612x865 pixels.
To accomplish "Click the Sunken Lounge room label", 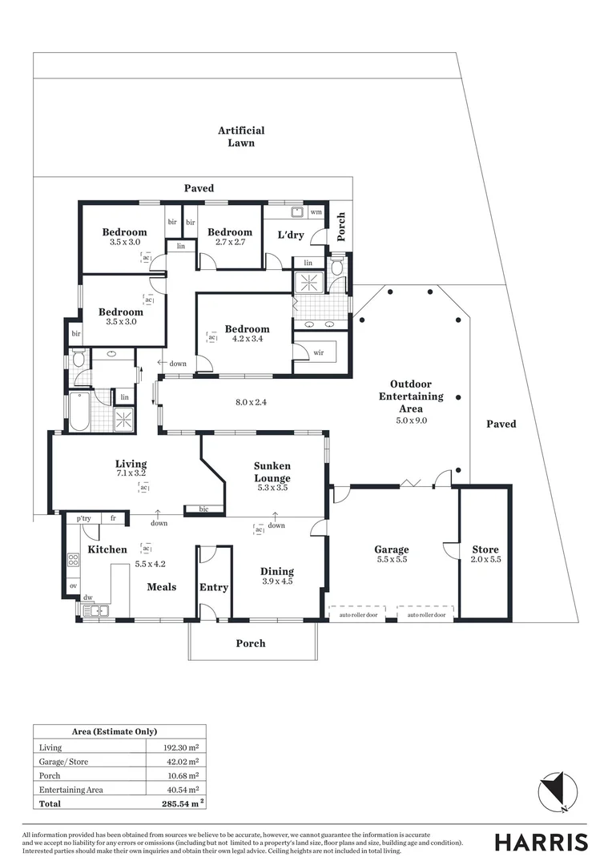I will click(272, 465).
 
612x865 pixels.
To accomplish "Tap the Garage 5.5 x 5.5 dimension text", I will click(392, 560).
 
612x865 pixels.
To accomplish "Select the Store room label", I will click(485, 549).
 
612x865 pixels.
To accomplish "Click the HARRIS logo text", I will click(541, 842).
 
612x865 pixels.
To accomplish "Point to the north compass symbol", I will click(553, 793).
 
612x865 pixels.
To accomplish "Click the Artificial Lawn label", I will click(241, 136).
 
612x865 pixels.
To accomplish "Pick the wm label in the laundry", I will click(316, 212).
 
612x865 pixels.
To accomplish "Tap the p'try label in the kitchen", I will click(84, 519).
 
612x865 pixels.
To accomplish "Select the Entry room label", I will click(214, 587).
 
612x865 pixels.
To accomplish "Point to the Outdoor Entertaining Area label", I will click(411, 396).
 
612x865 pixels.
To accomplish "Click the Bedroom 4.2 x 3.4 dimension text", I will click(247, 339).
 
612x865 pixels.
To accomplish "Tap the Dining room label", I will click(277, 571).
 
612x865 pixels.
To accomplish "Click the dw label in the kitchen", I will click(87, 597).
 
